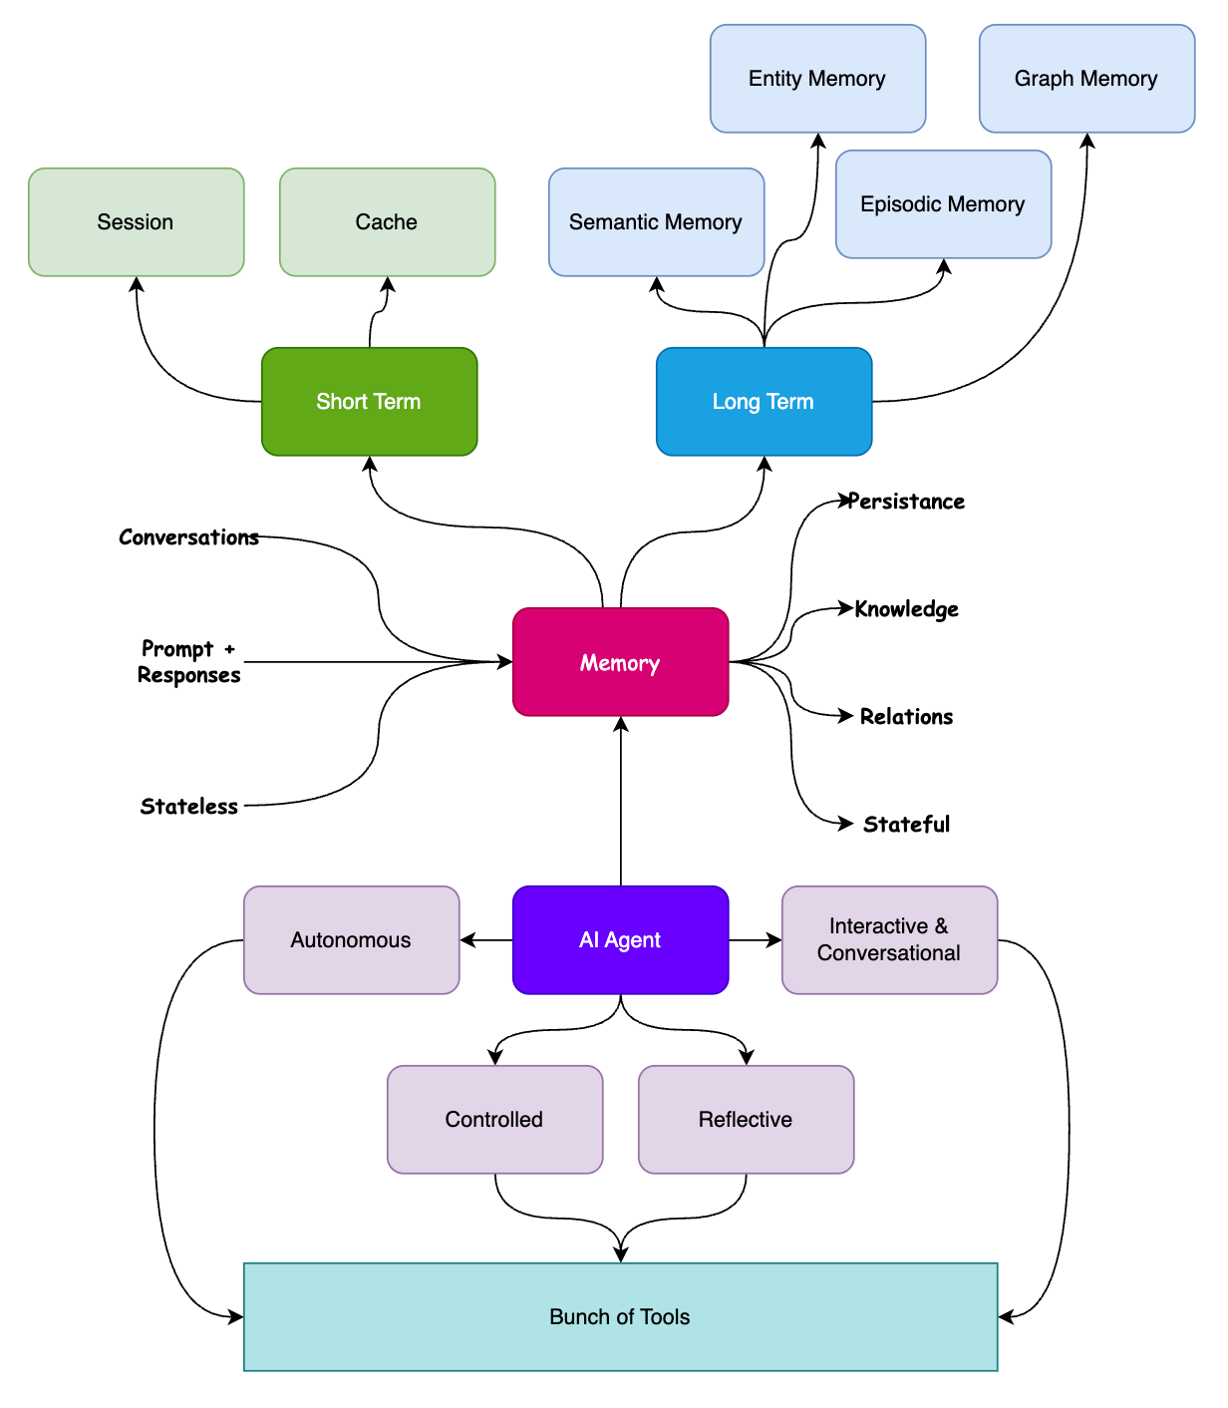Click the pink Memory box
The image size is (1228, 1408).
tap(620, 662)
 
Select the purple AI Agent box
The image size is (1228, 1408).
tap(620, 939)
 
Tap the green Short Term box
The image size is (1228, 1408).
tap(369, 401)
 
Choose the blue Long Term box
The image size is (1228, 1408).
tap(764, 401)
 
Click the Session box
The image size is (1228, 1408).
tap(136, 221)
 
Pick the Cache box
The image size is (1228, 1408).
tap(387, 221)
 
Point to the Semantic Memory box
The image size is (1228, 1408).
tap(656, 221)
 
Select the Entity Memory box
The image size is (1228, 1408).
tap(817, 79)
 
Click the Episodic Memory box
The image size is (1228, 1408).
tap(943, 203)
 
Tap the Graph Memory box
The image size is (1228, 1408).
tap(1086, 79)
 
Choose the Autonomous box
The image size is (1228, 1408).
tap(351, 939)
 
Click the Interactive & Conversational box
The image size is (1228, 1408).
tap(889, 939)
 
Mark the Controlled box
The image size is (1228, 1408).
tap(494, 1119)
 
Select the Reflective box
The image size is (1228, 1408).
tap(746, 1119)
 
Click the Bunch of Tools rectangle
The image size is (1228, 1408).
tap(620, 1316)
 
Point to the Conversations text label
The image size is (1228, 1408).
tap(189, 537)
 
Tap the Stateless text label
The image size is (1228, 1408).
tap(189, 806)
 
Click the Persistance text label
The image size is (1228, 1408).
tap(906, 502)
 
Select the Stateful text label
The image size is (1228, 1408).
tap(906, 824)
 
